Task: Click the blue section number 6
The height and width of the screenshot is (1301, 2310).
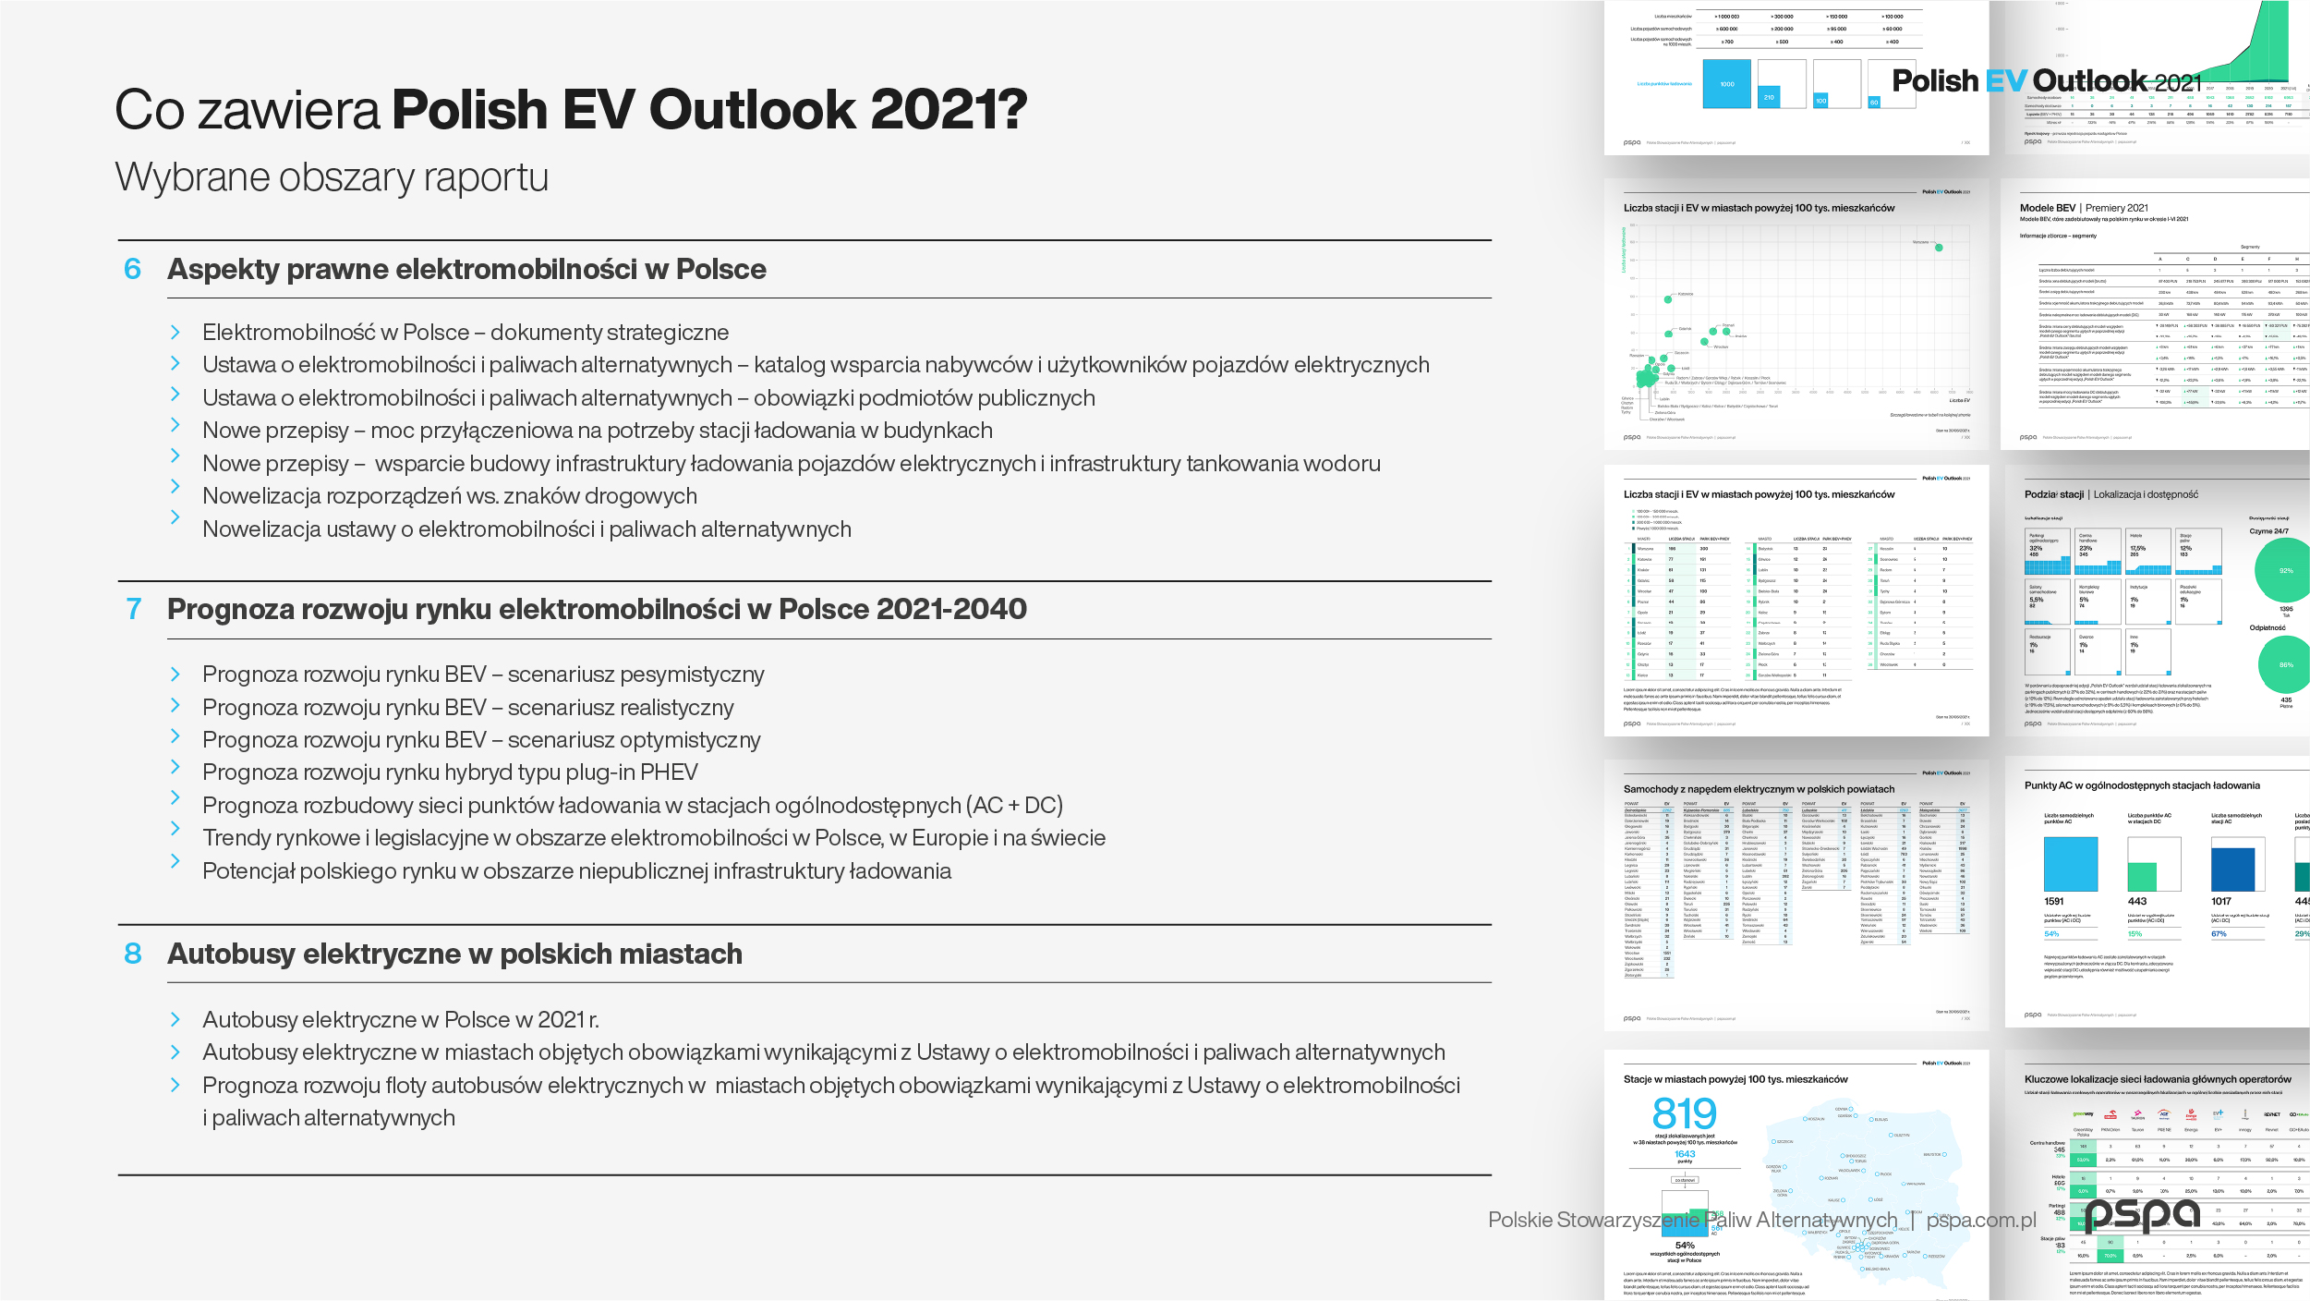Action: point(132,269)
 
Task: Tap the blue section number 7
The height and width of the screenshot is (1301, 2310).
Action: point(134,609)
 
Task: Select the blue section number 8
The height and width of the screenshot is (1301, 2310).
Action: point(133,954)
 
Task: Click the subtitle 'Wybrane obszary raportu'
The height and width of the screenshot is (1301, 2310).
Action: point(332,176)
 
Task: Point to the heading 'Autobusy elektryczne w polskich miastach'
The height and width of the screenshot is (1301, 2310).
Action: point(454,954)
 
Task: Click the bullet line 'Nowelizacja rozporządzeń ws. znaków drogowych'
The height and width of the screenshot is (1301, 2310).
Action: point(449,496)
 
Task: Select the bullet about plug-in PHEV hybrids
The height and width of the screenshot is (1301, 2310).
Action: point(450,772)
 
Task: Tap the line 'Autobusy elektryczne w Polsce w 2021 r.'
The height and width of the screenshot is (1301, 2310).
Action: point(401,1020)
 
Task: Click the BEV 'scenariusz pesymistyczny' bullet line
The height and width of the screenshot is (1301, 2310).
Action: point(483,675)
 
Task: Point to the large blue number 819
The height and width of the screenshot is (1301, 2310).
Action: point(1684,1113)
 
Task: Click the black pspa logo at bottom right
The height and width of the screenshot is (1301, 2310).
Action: point(2142,1215)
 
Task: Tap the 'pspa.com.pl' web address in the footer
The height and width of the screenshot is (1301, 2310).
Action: point(1981,1220)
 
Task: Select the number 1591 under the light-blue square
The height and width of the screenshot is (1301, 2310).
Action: point(2054,901)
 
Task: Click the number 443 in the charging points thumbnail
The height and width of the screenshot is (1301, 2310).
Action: point(2137,901)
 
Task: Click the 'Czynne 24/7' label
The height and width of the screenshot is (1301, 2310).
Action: point(2268,531)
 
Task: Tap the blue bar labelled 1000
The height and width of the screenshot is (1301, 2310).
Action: point(1726,84)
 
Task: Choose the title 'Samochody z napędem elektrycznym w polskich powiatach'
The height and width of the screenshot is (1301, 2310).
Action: point(1759,789)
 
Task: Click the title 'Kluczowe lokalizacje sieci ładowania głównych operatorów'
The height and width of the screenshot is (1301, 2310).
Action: point(2158,1079)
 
